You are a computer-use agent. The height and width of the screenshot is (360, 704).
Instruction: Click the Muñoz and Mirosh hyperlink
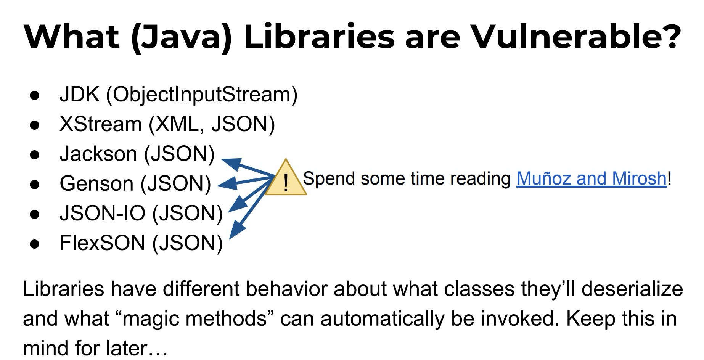[x=591, y=178]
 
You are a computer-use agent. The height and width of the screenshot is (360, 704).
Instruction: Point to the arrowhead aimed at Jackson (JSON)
[x=232, y=164]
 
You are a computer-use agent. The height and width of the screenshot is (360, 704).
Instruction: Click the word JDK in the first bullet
[x=79, y=94]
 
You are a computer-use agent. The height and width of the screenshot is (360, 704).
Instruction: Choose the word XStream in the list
[x=101, y=124]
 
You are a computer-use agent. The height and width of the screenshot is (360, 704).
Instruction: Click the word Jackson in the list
[x=98, y=154]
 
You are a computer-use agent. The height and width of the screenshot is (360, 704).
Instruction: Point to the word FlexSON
[x=103, y=243]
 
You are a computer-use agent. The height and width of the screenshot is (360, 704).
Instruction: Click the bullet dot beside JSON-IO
[x=35, y=214]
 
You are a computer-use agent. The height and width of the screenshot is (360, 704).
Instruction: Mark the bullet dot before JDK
[x=35, y=95]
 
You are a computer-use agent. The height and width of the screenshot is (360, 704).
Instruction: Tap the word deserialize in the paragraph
[x=632, y=289]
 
